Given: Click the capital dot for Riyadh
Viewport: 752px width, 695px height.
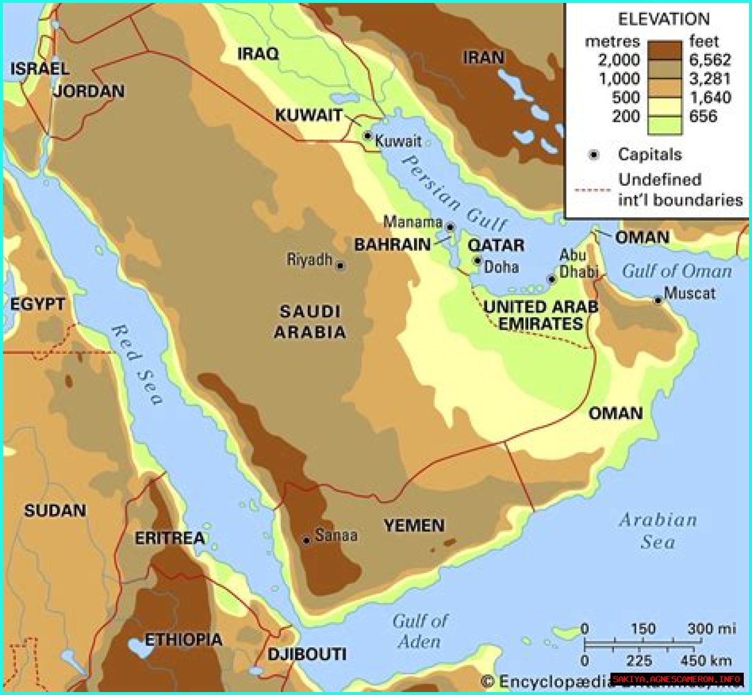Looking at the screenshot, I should pos(340,266).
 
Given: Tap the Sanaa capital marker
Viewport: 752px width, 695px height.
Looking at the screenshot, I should pos(306,540).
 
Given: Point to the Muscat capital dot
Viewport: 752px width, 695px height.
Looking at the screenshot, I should pos(658,300).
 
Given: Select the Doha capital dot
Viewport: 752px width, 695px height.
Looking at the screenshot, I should pos(478,260).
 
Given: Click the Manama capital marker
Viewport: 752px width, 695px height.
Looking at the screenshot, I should pos(450,227).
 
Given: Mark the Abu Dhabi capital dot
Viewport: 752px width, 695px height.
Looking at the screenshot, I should pos(552,279).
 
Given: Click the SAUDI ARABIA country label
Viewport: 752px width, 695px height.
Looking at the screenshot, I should pos(310,321).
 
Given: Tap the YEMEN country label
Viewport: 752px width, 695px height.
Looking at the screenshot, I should pos(414,525).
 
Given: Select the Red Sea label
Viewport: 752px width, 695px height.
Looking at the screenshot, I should pos(136,364).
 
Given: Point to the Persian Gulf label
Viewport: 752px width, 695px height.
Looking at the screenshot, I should pos(454,193).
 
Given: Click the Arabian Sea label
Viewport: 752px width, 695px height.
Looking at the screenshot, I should pos(658,531).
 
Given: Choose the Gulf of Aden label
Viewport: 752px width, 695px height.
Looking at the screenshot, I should pos(420,631).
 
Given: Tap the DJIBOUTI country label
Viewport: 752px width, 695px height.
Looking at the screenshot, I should pos(307,654).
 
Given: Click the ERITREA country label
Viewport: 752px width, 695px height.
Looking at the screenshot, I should pos(170,538).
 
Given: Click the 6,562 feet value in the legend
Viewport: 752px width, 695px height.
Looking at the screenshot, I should pos(710,60).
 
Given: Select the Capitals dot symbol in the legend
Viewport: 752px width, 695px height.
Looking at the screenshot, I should pos(594,155).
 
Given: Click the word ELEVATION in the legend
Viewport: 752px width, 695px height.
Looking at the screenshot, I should pos(663,19).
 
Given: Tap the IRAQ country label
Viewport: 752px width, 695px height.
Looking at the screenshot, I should pos(258,54).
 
